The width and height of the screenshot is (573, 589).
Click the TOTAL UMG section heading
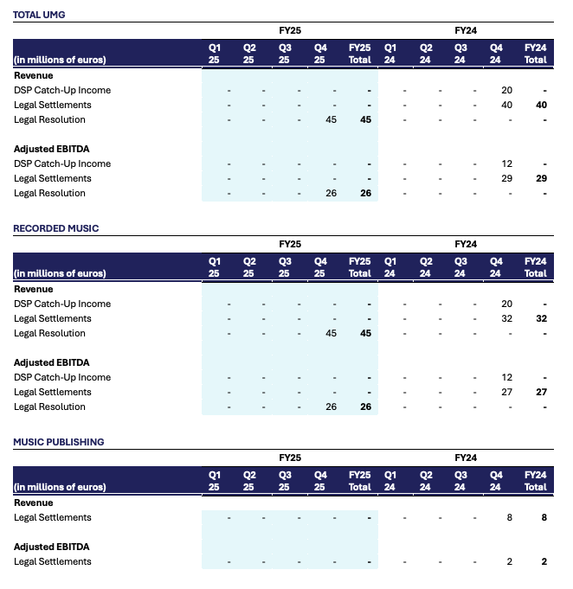pyautogui.click(x=39, y=15)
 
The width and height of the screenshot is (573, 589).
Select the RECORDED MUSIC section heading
pyautogui.click(x=55, y=228)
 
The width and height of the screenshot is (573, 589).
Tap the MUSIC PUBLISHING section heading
pyautogui.click(x=58, y=442)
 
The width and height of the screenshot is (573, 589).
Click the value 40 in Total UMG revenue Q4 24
pyautogui.click(x=506, y=105)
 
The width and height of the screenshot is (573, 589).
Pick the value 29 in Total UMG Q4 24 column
pyautogui.click(x=506, y=178)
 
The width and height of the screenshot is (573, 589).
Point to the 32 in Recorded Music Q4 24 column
pyautogui.click(x=506, y=318)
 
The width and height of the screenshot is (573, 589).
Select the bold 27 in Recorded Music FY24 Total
pyautogui.click(x=541, y=392)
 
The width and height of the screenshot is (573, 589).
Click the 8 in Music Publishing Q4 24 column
pyautogui.click(x=510, y=517)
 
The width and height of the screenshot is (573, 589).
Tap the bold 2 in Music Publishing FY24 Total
pyautogui.click(x=544, y=561)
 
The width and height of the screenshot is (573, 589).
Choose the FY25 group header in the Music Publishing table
pyautogui.click(x=289, y=458)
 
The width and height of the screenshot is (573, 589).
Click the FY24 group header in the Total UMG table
pyautogui.click(x=466, y=30)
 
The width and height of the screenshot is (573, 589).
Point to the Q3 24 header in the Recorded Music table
pyautogui.click(x=460, y=267)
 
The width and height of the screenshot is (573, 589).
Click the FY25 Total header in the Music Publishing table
pyautogui.click(x=359, y=481)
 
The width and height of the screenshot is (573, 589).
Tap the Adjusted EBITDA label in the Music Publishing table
pyautogui.click(x=51, y=547)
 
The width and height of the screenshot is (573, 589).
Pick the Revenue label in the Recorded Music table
pyautogui.click(x=34, y=289)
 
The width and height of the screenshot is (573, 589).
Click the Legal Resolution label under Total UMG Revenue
pyautogui.click(x=49, y=119)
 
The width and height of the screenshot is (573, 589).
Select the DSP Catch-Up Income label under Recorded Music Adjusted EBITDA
pyautogui.click(x=62, y=377)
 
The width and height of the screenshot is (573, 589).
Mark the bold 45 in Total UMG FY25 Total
pyautogui.click(x=365, y=119)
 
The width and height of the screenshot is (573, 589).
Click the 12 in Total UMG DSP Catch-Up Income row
pyautogui.click(x=506, y=163)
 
